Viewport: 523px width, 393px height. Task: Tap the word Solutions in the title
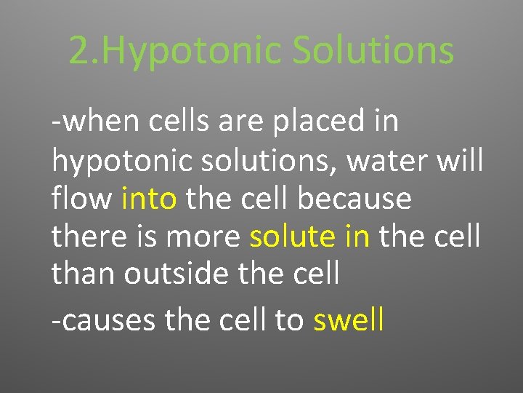click(373, 51)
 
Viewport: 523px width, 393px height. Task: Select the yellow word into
click(149, 199)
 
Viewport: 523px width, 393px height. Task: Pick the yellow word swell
click(348, 319)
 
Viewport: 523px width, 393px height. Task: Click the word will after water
click(458, 160)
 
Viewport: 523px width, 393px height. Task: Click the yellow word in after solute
click(356, 236)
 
